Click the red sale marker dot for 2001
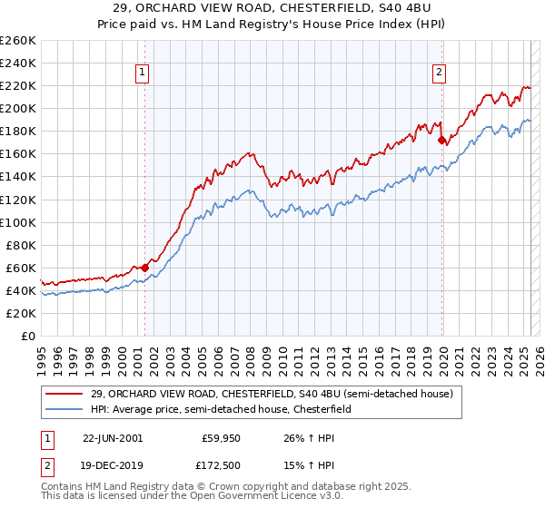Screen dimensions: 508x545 point(145,268)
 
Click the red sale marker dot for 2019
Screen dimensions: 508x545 point(441,141)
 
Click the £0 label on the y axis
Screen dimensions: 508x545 point(29,336)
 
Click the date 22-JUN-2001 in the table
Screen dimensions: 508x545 point(113,437)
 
